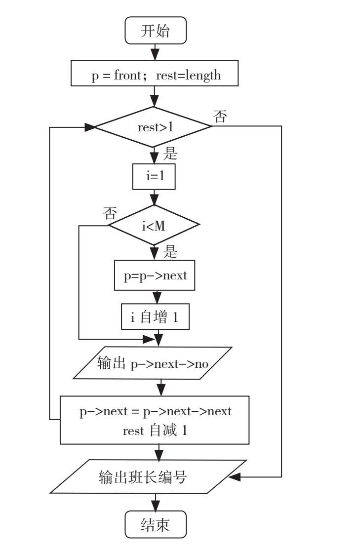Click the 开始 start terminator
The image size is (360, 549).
(156, 31)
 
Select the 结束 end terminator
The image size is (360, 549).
(156, 524)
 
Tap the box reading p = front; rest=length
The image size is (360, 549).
(155, 76)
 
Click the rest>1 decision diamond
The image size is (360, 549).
(155, 127)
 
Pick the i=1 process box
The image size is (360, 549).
(154, 177)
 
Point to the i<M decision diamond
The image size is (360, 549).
(154, 226)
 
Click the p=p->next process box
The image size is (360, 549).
(155, 275)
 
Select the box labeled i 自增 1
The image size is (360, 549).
(156, 317)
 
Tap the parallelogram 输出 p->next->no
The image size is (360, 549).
(153, 364)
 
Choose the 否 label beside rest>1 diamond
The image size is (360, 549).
(220, 117)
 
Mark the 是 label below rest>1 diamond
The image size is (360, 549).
(170, 155)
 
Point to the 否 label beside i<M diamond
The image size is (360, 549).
(110, 214)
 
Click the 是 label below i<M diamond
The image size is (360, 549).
(170, 252)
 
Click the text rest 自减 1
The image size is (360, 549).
(155, 431)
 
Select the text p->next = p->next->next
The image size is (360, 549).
(155, 412)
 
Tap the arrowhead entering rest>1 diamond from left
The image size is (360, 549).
(90, 127)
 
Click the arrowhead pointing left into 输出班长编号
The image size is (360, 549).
(235, 477)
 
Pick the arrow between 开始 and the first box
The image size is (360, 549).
(156, 52)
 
